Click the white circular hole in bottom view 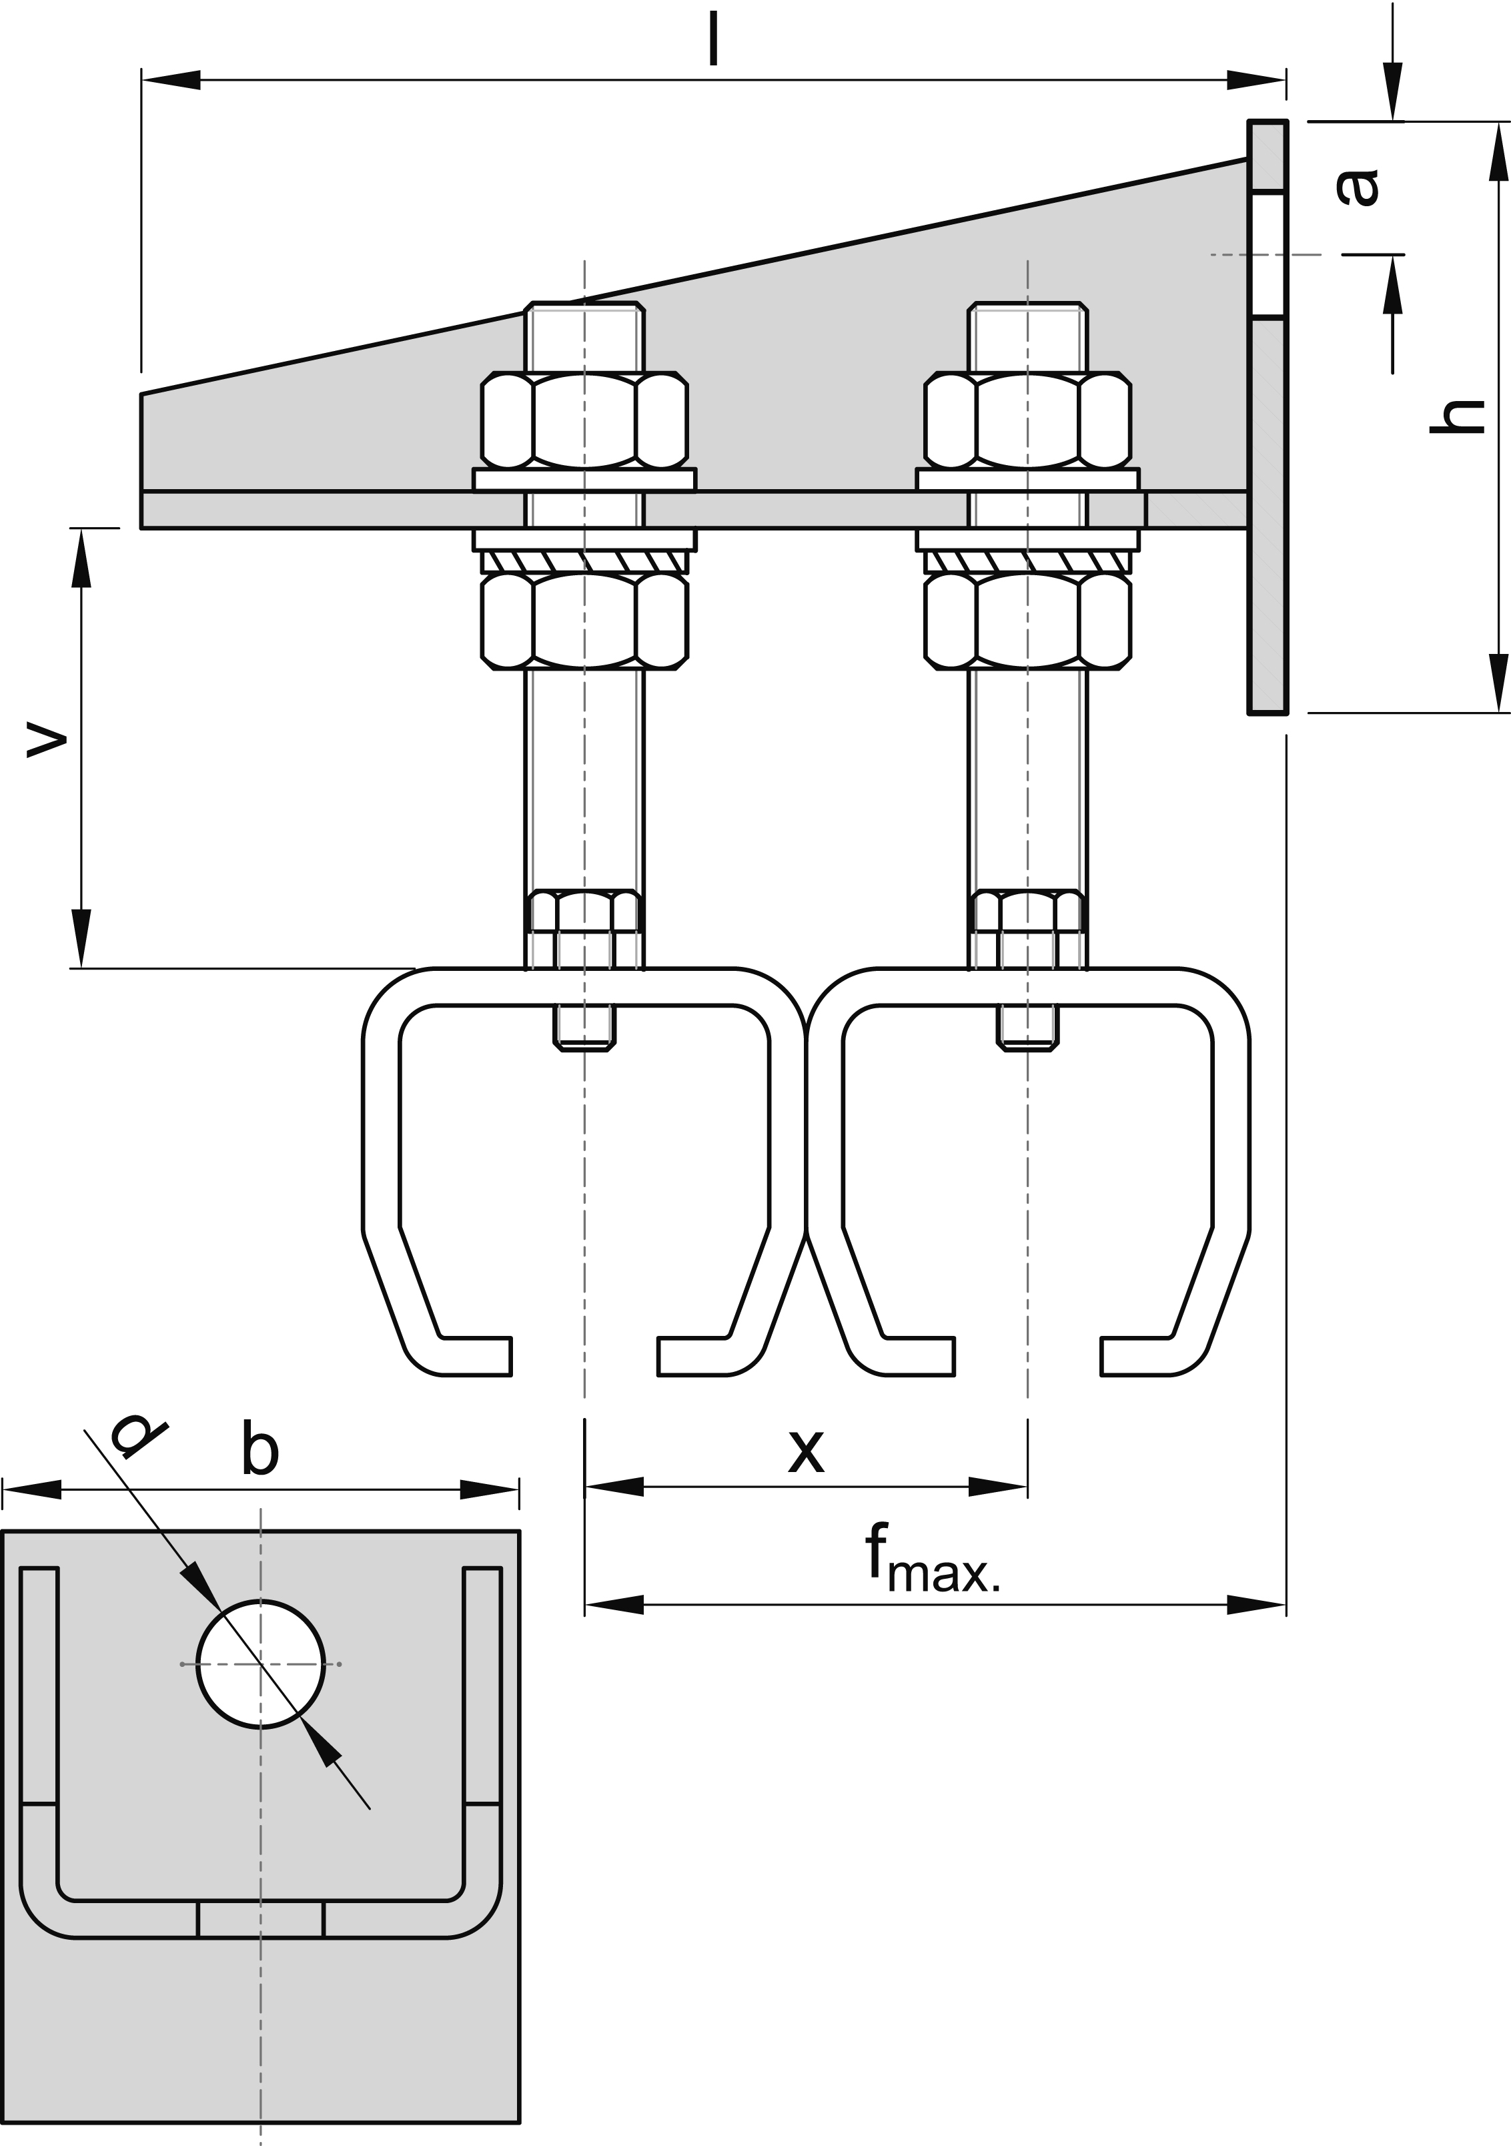[261, 1665]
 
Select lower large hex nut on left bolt [584, 621]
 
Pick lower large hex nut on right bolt [1028, 621]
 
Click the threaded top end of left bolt [585, 336]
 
